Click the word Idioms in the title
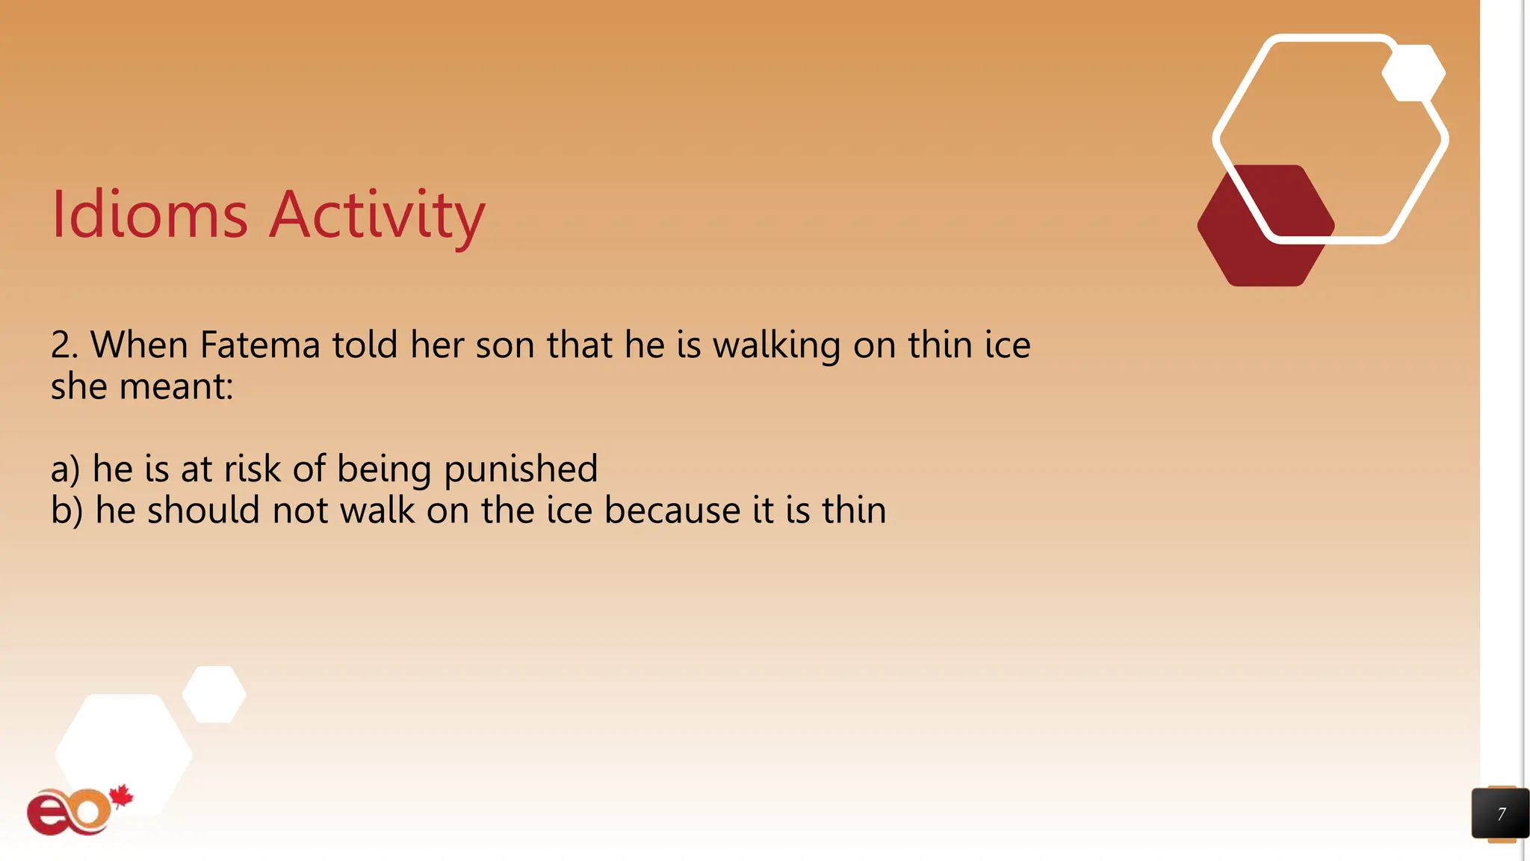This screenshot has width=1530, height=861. [149, 215]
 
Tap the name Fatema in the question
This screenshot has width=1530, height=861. [260, 345]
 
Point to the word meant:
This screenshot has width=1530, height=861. [176, 387]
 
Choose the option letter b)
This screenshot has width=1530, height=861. [66, 511]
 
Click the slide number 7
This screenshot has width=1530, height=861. [1501, 814]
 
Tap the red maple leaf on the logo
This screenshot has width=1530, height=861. [121, 797]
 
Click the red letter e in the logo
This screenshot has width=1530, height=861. [49, 815]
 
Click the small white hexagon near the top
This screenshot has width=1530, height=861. [1413, 73]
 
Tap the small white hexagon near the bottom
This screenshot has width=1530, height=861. [214, 694]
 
